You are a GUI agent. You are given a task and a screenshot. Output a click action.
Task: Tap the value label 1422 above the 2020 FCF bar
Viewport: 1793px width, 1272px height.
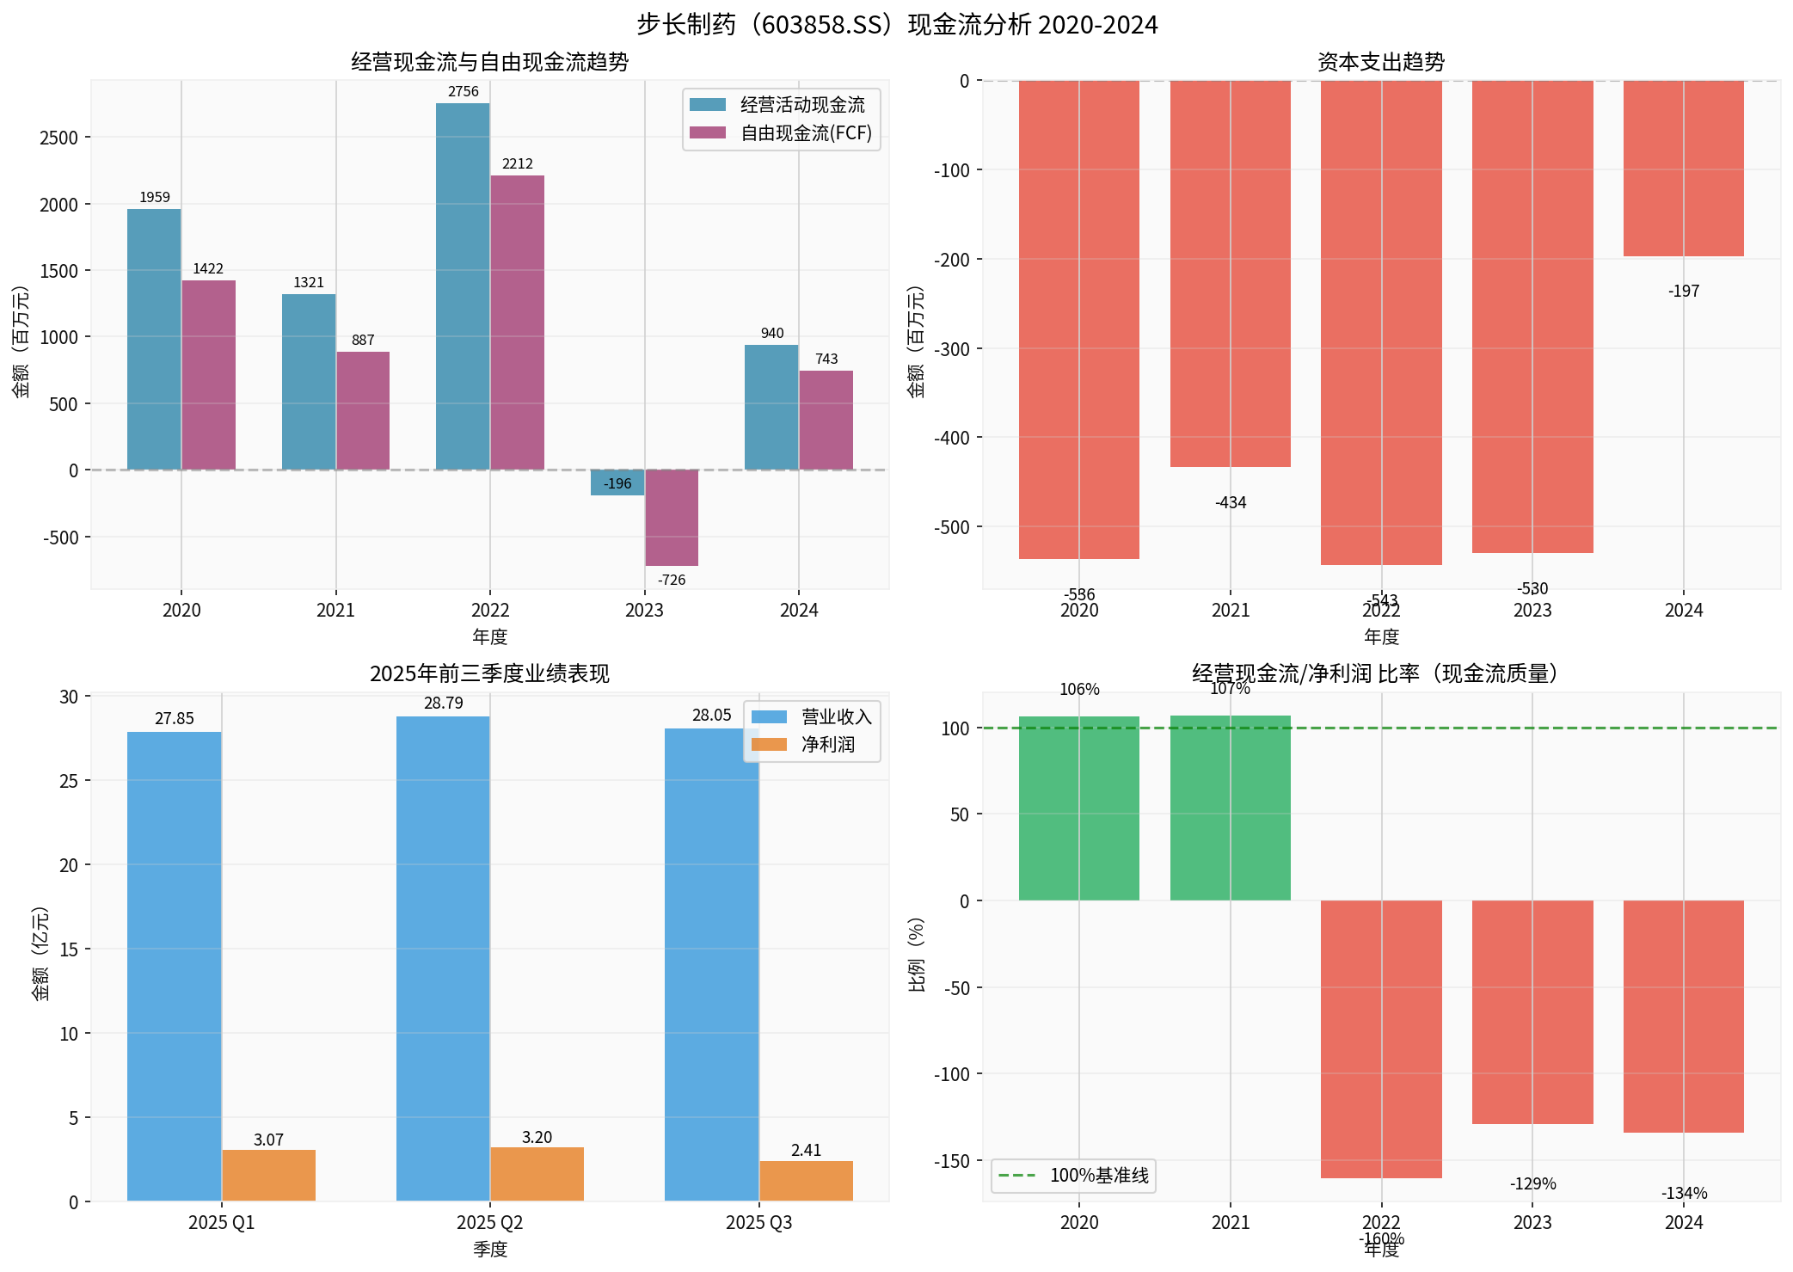(208, 269)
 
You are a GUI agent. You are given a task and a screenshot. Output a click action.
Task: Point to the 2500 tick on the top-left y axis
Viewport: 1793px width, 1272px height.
(58, 138)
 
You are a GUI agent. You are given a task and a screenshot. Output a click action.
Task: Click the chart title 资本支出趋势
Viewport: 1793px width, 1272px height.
(1381, 62)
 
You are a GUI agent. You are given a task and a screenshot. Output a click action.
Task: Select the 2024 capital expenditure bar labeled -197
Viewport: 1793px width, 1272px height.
(1683, 169)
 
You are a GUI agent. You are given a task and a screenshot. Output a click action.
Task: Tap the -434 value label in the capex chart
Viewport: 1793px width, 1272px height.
(1231, 503)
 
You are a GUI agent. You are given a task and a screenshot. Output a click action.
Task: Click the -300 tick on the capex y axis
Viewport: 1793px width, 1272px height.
(951, 349)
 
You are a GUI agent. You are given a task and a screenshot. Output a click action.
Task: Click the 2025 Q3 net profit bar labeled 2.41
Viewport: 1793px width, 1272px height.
(806, 1181)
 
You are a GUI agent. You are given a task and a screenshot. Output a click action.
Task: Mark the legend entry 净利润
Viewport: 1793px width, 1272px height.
(827, 745)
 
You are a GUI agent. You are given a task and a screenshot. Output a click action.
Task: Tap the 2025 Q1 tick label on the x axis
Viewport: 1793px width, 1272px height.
(221, 1223)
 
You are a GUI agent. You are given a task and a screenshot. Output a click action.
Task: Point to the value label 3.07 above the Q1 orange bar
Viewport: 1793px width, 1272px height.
(268, 1140)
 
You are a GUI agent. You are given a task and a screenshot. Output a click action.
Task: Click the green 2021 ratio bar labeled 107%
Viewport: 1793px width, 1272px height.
(1230, 808)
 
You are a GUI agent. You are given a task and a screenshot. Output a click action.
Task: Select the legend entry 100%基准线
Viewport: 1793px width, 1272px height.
(1098, 1176)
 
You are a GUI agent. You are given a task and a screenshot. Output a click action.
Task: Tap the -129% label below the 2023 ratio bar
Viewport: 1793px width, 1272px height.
(1532, 1184)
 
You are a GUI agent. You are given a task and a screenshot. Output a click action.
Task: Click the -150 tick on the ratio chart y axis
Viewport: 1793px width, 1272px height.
(951, 1161)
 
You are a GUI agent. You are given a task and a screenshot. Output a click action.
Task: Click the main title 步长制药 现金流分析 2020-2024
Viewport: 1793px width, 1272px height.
(897, 24)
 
